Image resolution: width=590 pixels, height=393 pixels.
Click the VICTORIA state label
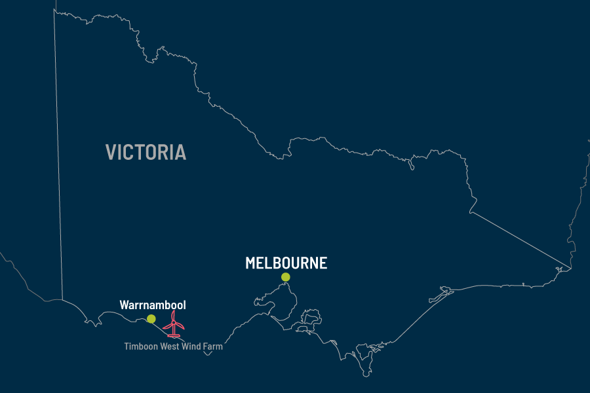coord(146,153)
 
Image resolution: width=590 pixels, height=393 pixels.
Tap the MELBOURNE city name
coord(286,263)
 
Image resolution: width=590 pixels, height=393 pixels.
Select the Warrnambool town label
coord(153,305)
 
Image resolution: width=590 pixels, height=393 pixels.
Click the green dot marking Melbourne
coord(286,277)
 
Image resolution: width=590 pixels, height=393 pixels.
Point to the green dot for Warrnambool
coord(151,319)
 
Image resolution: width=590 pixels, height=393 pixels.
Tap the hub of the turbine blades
coord(174,320)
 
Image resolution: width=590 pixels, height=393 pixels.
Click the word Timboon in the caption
coord(140,346)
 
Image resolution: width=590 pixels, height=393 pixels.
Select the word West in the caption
coord(168,346)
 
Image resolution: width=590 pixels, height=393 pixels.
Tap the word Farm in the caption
coord(214,346)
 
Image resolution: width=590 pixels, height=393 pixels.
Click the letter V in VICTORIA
coord(111,153)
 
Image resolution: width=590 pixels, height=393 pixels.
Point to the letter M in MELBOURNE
coord(251,263)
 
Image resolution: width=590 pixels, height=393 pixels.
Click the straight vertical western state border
coord(59,164)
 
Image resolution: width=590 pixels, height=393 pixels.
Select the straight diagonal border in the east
coord(518,239)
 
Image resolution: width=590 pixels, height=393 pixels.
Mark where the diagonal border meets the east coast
coord(570,268)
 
